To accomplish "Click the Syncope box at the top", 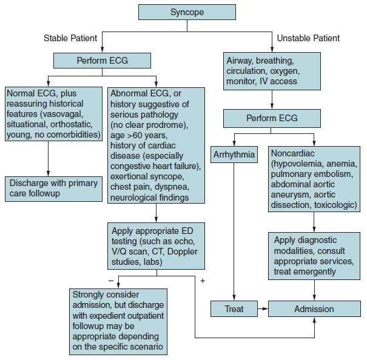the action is [x=187, y=12].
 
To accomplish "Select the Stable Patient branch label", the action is [x=70, y=38].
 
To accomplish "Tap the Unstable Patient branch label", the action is [x=308, y=38].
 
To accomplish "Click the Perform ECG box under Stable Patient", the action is [x=102, y=61].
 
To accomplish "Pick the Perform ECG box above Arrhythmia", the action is [x=272, y=118].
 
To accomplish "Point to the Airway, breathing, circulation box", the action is [x=272, y=71].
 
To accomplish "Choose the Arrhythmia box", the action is [x=234, y=155].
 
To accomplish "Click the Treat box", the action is [x=234, y=309].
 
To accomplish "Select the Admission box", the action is [x=314, y=309].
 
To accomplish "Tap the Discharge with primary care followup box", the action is [x=53, y=189].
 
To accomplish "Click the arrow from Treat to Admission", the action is [x=263, y=308].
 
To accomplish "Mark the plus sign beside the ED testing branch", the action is [x=203, y=281].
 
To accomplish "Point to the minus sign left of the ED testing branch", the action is [x=111, y=281].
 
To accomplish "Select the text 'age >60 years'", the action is [x=139, y=135].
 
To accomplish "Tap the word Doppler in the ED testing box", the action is [x=183, y=252].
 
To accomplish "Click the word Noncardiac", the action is [x=292, y=153].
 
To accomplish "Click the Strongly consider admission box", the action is [x=118, y=322].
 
